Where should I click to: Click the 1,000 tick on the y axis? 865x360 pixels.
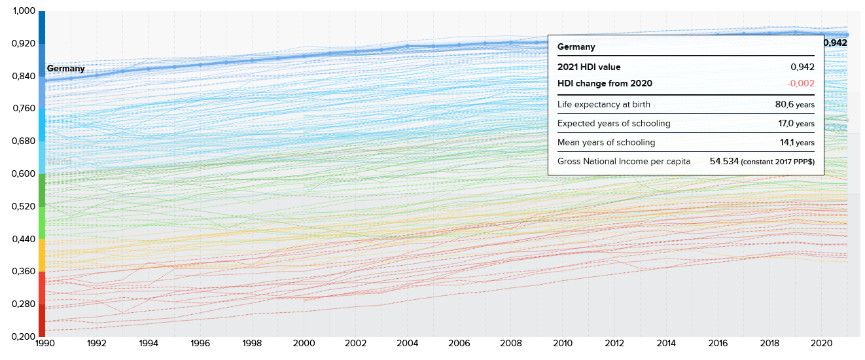pos(24,11)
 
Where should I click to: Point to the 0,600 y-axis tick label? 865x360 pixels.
pos(24,174)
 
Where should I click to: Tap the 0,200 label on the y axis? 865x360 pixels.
pos(24,337)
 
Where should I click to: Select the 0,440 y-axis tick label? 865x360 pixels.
pos(24,239)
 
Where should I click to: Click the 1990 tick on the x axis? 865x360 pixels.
pos(45,343)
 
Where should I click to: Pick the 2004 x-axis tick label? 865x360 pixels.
pos(408,343)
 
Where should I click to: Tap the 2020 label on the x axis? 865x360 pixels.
pos(821,343)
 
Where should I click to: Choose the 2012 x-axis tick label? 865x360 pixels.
pos(614,343)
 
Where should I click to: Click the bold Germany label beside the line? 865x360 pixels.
pos(65,68)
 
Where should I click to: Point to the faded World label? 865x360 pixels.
pos(59,161)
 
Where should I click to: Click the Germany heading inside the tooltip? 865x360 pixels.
pos(576,46)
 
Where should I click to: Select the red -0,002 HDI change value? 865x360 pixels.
pos(801,83)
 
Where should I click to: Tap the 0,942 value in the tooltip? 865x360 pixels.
pos(802,67)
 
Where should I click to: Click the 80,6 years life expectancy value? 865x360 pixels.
pos(795,104)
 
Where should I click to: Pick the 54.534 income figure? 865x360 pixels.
pos(724,161)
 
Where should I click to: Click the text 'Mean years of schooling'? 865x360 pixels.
pos(607,142)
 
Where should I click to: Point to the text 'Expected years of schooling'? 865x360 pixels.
pos(614,123)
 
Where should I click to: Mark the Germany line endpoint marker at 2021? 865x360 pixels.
pos(847,35)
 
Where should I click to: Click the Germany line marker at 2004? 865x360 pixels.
pos(408,46)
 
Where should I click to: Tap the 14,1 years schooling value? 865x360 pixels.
pos(797,142)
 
